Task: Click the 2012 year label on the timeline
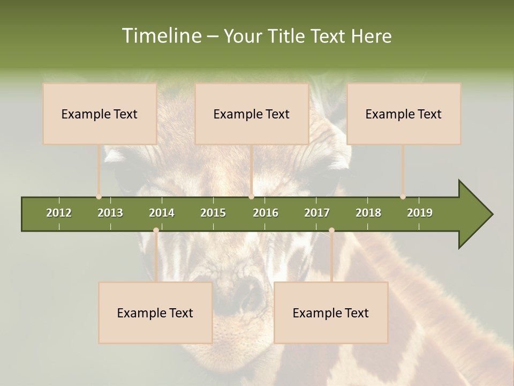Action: point(59,213)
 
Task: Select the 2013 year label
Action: point(110,213)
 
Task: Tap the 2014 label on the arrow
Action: point(162,213)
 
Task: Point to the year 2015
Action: point(213,213)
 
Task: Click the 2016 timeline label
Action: point(266,213)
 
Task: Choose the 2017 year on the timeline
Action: point(317,213)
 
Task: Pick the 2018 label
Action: point(368,213)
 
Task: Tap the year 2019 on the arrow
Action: point(420,213)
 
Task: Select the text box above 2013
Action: point(100,114)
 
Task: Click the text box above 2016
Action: point(252,114)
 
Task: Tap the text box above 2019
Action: point(404,114)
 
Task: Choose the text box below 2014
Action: point(155,313)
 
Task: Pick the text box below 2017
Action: point(331,313)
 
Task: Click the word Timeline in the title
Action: point(161,36)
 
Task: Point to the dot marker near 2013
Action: point(99,197)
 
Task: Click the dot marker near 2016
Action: point(252,197)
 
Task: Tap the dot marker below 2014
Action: point(156,231)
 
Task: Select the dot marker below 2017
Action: point(331,231)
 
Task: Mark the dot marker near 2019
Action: point(403,197)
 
